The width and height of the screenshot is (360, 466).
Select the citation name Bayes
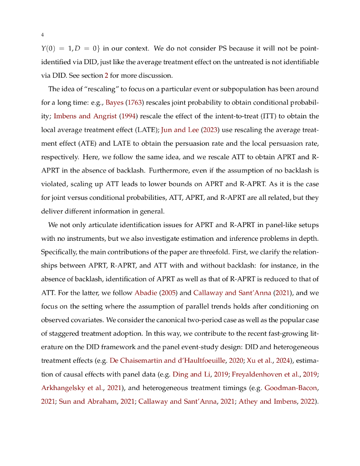(115, 102)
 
